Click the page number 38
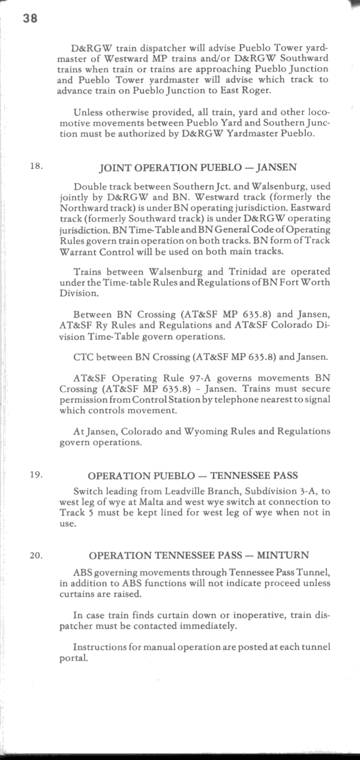pyautogui.click(x=29, y=17)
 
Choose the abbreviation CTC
pyautogui.click(x=83, y=357)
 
